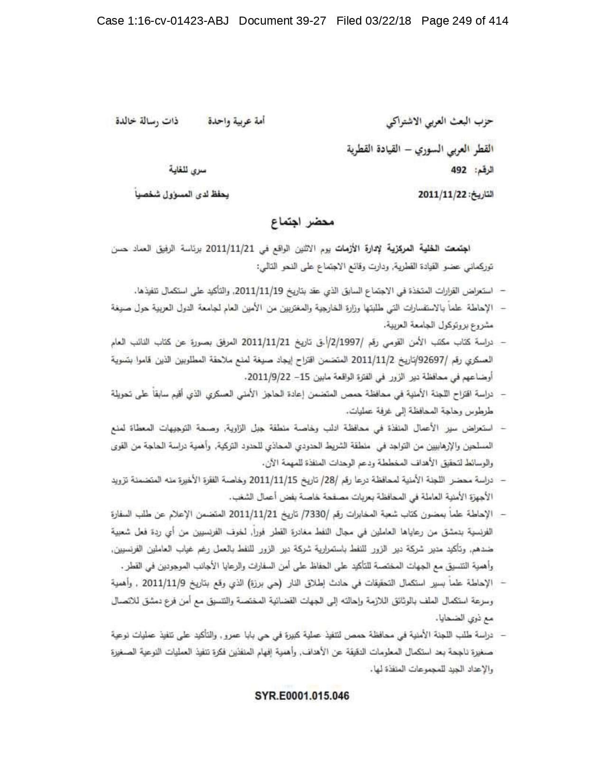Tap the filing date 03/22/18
387,21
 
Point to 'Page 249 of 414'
465,21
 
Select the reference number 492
459,170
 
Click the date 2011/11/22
443,195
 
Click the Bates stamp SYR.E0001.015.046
302,696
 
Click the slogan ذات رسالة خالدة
147,121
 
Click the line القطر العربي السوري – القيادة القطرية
419,149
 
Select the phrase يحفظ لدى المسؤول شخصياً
182,195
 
